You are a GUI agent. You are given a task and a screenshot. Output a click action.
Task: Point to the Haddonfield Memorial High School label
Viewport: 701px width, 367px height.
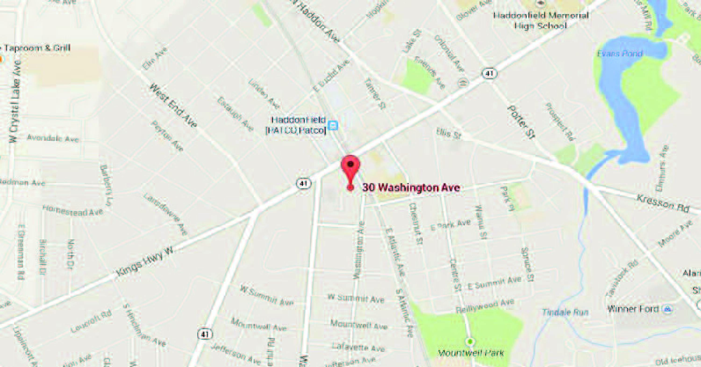[x=541, y=20]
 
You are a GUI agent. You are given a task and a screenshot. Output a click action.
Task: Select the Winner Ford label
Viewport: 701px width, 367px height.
[x=633, y=309]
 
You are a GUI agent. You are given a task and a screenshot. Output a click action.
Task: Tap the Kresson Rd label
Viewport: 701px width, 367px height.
[x=663, y=203]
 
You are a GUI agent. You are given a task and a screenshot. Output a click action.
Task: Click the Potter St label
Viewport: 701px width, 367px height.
[x=521, y=122]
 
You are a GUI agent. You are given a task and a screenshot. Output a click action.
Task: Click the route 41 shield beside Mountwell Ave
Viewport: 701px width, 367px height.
[x=205, y=334]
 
